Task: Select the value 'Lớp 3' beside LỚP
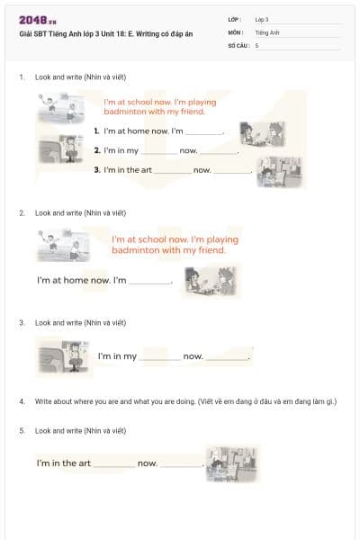pos(262,19)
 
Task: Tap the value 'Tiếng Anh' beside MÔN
pos(267,31)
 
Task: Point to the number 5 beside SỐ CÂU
pos(256,44)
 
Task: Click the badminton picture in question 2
pos(62,243)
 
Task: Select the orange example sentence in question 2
pos(175,245)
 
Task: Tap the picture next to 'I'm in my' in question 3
pos(63,355)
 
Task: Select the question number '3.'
pos(22,322)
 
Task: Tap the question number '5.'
pos(22,431)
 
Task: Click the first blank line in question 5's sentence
pos(113,465)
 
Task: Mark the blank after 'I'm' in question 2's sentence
pos(149,283)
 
